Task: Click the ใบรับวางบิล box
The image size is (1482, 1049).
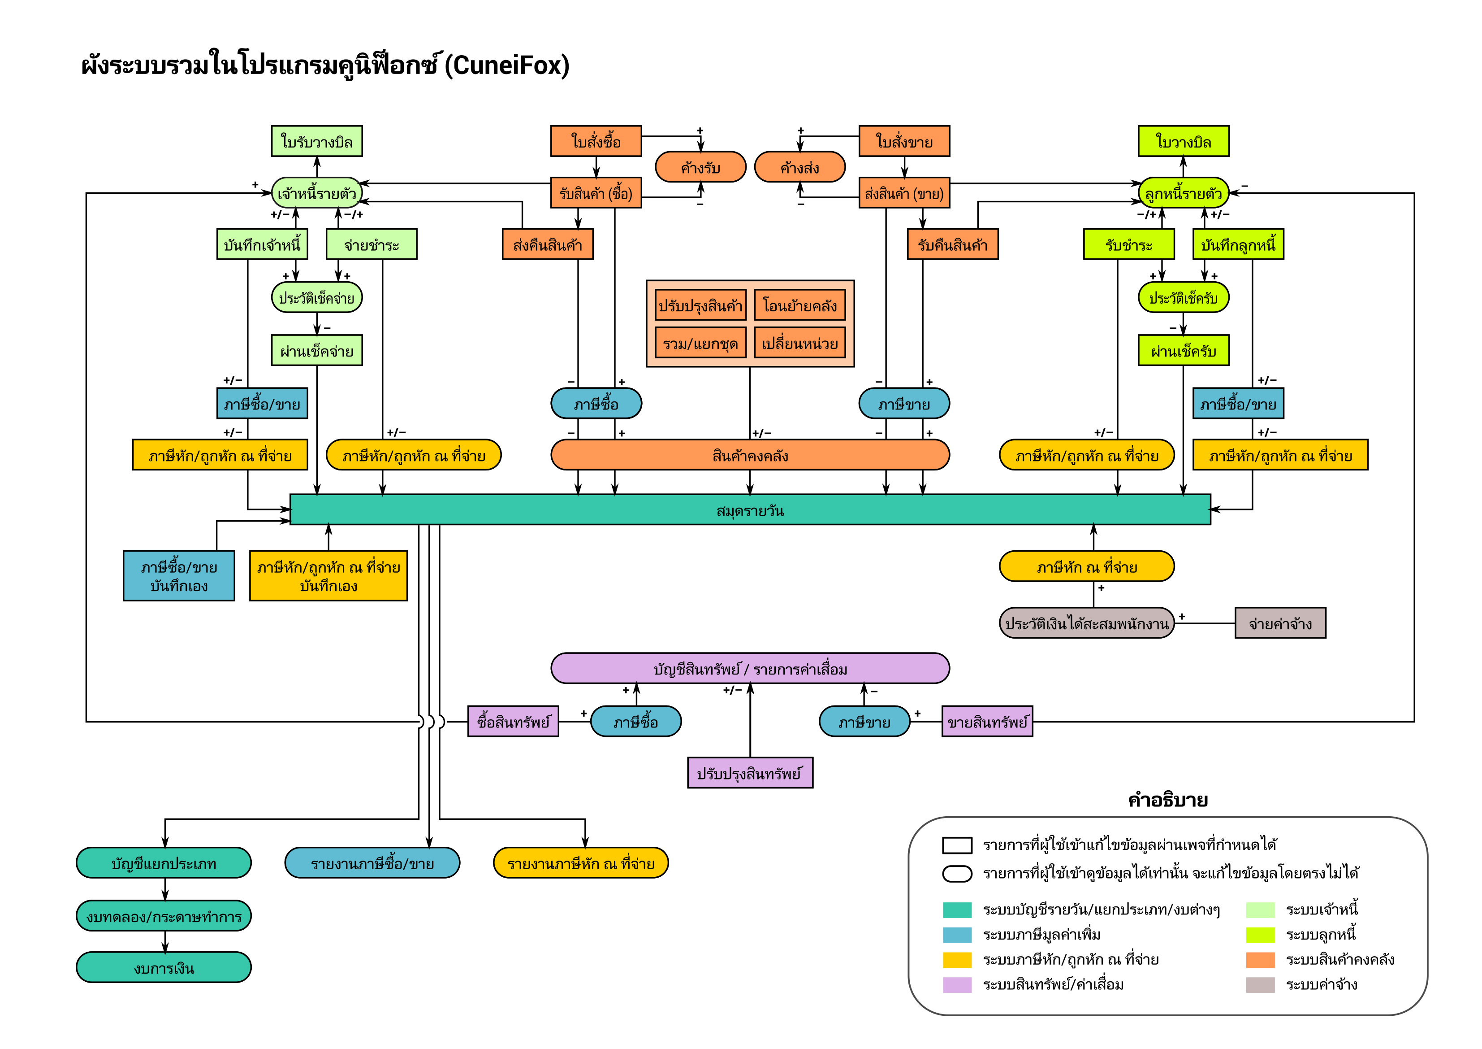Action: point(316,141)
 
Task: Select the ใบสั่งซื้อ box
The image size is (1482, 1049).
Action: point(596,141)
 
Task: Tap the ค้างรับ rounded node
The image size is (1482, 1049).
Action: point(700,167)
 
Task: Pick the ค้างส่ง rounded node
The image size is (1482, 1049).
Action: point(800,167)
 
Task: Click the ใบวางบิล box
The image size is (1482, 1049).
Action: point(1183,141)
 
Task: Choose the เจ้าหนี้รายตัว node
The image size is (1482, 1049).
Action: point(316,193)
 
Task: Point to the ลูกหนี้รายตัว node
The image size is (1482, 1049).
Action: point(1183,193)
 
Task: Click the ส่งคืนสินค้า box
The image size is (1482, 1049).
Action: point(547,245)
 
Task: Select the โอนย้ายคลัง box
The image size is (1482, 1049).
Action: point(800,305)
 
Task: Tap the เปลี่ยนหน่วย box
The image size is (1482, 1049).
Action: point(800,343)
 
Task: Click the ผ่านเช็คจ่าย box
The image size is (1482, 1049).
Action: point(316,351)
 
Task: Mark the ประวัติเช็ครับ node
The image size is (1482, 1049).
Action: point(1183,298)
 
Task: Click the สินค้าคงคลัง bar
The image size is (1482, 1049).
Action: point(750,455)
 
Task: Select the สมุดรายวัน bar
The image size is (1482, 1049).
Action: point(750,510)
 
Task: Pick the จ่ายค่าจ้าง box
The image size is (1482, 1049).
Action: point(1280,623)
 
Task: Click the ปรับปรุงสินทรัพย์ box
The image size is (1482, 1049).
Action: point(750,773)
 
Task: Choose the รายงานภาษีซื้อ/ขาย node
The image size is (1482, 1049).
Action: point(372,863)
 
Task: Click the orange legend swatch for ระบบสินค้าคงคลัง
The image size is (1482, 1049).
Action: point(1260,960)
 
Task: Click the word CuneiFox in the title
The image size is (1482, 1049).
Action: point(510,65)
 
